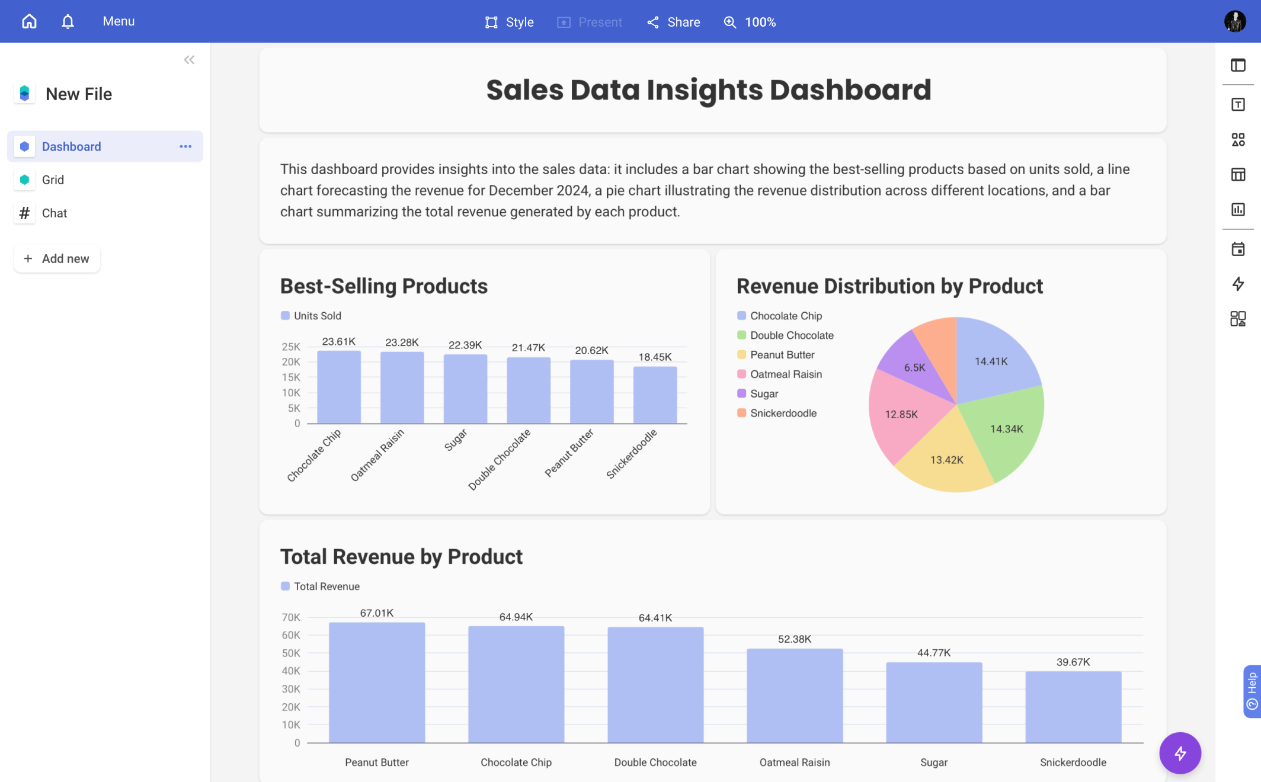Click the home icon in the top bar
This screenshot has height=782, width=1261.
pos(29,21)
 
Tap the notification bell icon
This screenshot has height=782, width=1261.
pos(68,21)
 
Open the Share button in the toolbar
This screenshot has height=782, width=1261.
pos(674,22)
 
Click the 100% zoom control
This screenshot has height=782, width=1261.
pos(750,22)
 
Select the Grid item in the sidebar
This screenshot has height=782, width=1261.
pos(53,180)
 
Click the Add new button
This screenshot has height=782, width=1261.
pos(57,258)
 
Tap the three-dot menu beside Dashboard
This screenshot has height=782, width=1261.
pos(185,146)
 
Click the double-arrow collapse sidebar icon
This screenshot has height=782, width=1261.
pos(189,60)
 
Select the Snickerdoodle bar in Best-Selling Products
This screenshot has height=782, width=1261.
pos(655,395)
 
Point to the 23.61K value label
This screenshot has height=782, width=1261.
pos(338,341)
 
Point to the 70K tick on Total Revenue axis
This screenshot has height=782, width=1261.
pos(290,617)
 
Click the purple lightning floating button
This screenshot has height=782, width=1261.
pos(1180,753)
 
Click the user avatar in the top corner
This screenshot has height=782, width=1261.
pos(1235,22)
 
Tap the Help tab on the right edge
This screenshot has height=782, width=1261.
pos(1252,691)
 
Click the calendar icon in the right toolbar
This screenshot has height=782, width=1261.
pos(1238,249)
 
